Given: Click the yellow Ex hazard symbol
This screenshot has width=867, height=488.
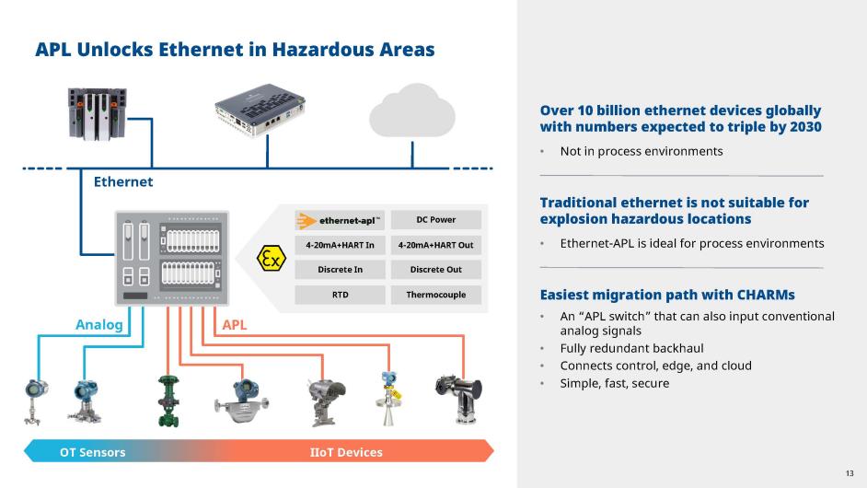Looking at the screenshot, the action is pyautogui.click(x=272, y=258).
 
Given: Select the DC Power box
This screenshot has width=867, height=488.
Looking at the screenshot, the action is pyautogui.click(x=435, y=220).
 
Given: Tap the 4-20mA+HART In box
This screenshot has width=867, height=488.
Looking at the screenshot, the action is pyautogui.click(x=340, y=245).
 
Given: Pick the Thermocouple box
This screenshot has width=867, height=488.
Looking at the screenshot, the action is pyautogui.click(x=435, y=295).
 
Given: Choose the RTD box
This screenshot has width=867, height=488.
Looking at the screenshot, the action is pyautogui.click(x=340, y=295).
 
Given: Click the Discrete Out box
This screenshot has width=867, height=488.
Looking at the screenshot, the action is pyautogui.click(x=435, y=270).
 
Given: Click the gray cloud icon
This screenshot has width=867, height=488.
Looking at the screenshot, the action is pyautogui.click(x=412, y=110).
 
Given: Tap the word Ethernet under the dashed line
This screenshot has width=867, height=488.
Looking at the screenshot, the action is pyautogui.click(x=123, y=182).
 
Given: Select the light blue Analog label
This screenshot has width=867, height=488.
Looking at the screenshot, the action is pyautogui.click(x=99, y=325).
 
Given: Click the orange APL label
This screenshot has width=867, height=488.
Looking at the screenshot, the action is pyautogui.click(x=235, y=325).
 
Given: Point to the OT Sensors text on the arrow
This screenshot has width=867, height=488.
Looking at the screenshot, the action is pyautogui.click(x=92, y=452).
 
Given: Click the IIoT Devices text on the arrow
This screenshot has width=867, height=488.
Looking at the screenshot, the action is pyautogui.click(x=346, y=452).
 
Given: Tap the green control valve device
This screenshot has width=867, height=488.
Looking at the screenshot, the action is pyautogui.click(x=168, y=401).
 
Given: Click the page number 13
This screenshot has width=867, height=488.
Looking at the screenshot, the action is pyautogui.click(x=850, y=473).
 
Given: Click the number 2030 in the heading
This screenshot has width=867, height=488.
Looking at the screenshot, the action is pyautogui.click(x=805, y=127).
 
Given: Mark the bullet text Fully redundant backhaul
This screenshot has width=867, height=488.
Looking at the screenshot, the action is pyautogui.click(x=632, y=348).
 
